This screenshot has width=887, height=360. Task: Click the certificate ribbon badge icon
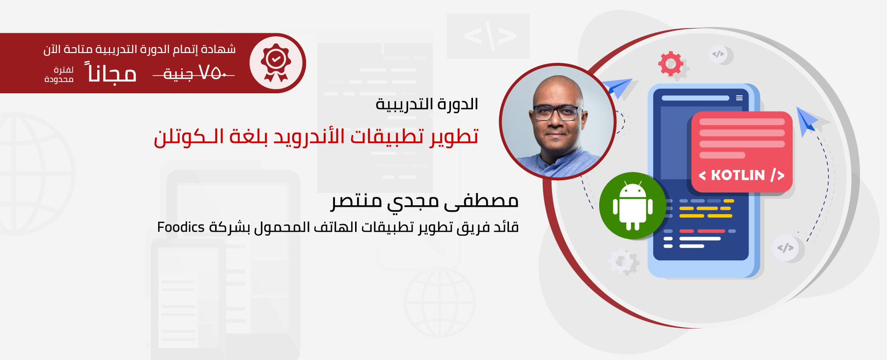[x=276, y=62]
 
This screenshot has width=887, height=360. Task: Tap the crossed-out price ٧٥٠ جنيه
[x=194, y=74]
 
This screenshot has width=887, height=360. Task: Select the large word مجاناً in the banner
[x=111, y=73]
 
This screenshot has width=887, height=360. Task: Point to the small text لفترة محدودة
[x=59, y=75]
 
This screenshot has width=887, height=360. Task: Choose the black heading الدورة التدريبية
[x=427, y=104]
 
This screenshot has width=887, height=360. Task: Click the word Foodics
[x=181, y=227]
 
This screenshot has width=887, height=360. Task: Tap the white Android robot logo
[x=633, y=206]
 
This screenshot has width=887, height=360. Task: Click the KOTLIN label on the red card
[x=741, y=175]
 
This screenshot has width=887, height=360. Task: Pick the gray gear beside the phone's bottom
[x=624, y=262]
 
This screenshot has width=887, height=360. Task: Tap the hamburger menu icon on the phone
[x=739, y=98]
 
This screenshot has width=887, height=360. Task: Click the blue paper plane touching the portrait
[x=617, y=87]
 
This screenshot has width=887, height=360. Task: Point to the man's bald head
[x=557, y=88]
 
